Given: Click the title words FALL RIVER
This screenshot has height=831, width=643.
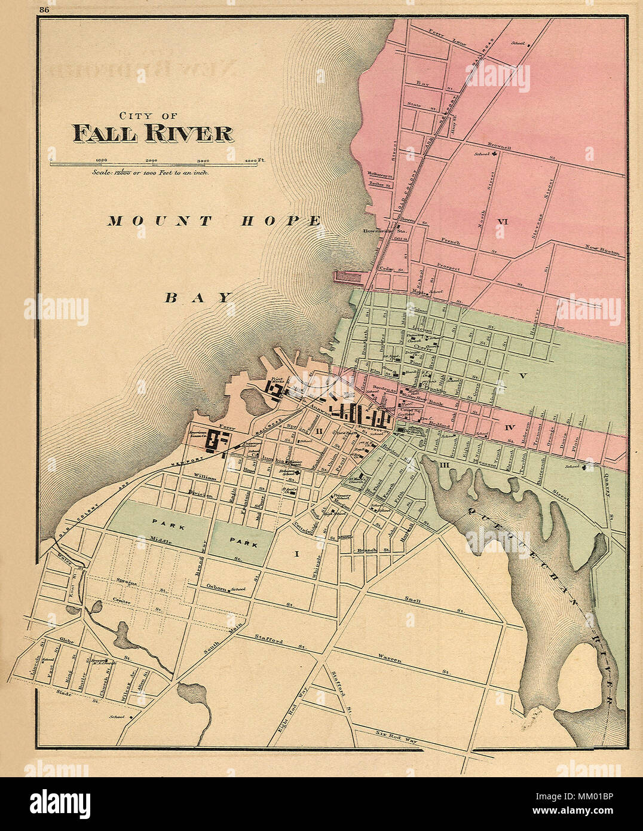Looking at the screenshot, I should [153, 133].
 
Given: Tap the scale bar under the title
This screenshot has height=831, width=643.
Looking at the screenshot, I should [143, 163].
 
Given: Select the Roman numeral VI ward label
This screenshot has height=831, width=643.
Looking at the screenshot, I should [502, 222].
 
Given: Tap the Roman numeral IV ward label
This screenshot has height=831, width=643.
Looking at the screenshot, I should [509, 427].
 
